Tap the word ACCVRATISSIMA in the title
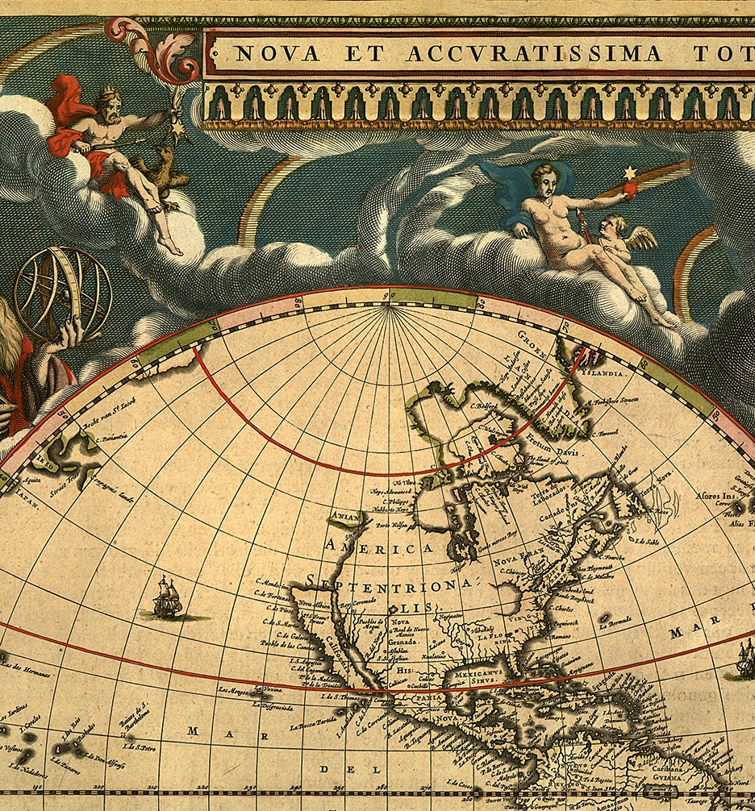click(533, 55)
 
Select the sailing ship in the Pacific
click(168, 597)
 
